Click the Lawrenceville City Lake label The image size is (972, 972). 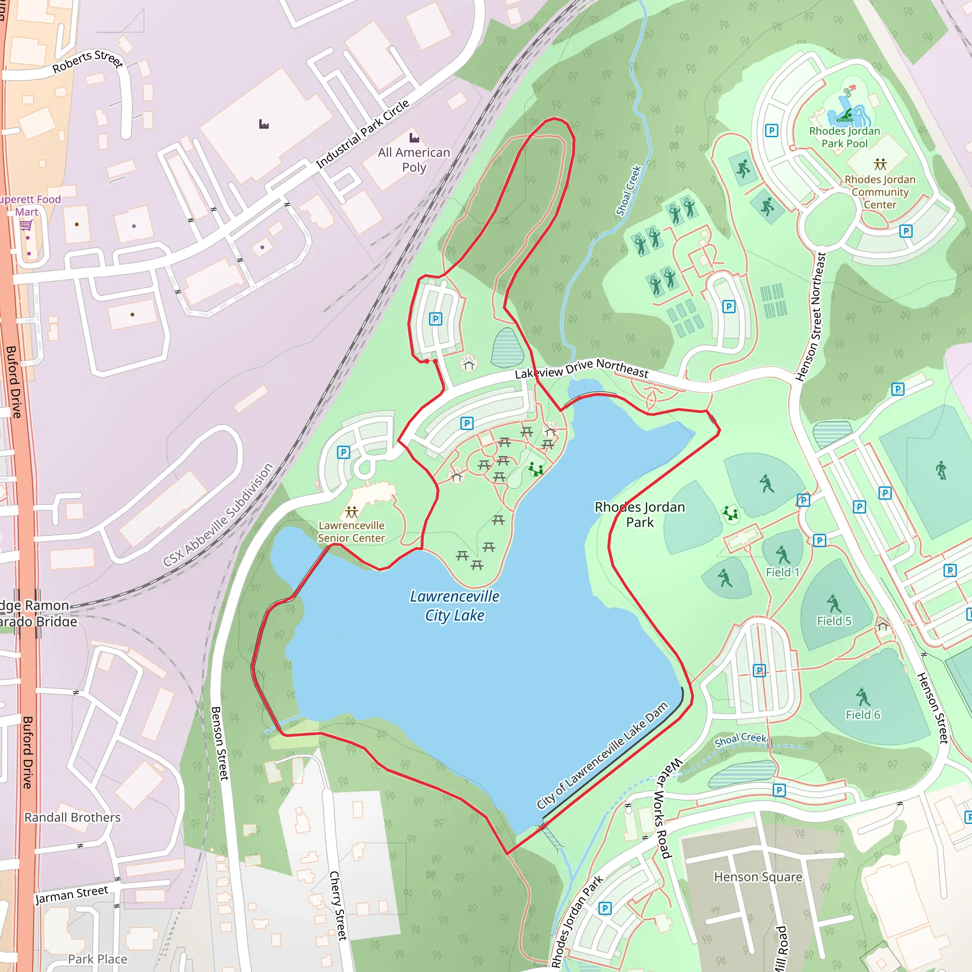(454, 606)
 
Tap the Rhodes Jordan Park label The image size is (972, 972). (639, 514)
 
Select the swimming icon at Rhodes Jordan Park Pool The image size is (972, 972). (848, 115)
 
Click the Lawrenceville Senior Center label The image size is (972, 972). (351, 532)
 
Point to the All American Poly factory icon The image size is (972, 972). (414, 137)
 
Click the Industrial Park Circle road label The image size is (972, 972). (362, 134)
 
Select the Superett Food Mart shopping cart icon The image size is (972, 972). (26, 225)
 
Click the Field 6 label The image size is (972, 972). (863, 714)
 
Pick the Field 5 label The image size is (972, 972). (833, 621)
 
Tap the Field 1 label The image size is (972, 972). (782, 572)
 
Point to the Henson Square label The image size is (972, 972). (757, 877)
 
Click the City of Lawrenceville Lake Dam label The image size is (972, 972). (602, 755)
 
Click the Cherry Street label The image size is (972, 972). (338, 906)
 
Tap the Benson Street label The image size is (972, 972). (220, 743)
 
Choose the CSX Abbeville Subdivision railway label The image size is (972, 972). (218, 514)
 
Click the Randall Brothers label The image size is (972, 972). (73, 818)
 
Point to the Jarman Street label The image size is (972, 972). (72, 895)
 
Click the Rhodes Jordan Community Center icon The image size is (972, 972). (880, 164)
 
